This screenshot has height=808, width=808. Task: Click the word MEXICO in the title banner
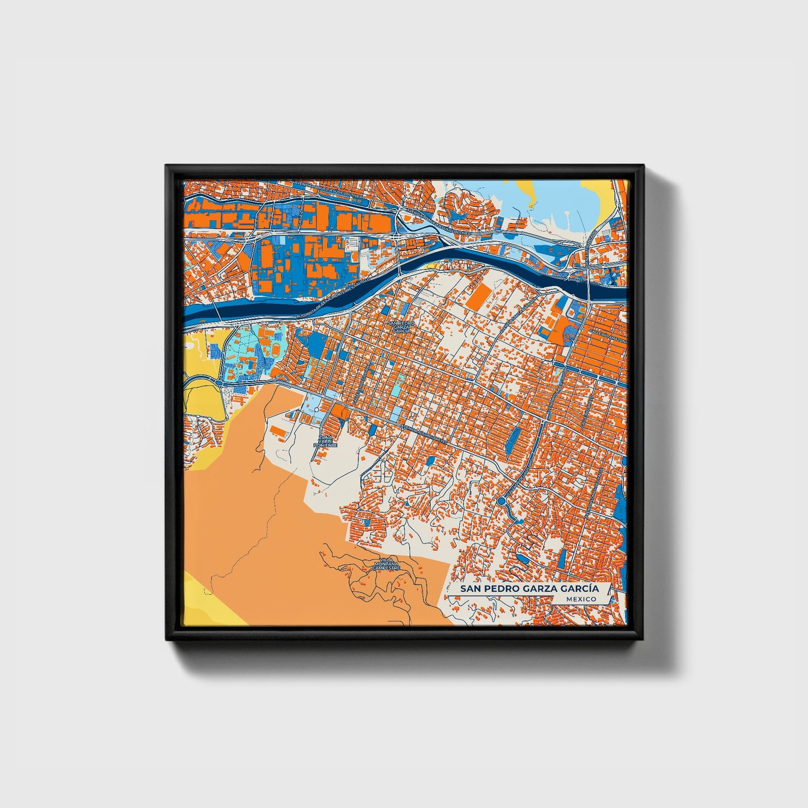coord(580,599)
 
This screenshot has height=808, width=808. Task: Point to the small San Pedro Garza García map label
coord(401,327)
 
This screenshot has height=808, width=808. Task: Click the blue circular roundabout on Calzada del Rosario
coord(501,502)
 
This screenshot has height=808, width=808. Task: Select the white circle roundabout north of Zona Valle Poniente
coord(317,410)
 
